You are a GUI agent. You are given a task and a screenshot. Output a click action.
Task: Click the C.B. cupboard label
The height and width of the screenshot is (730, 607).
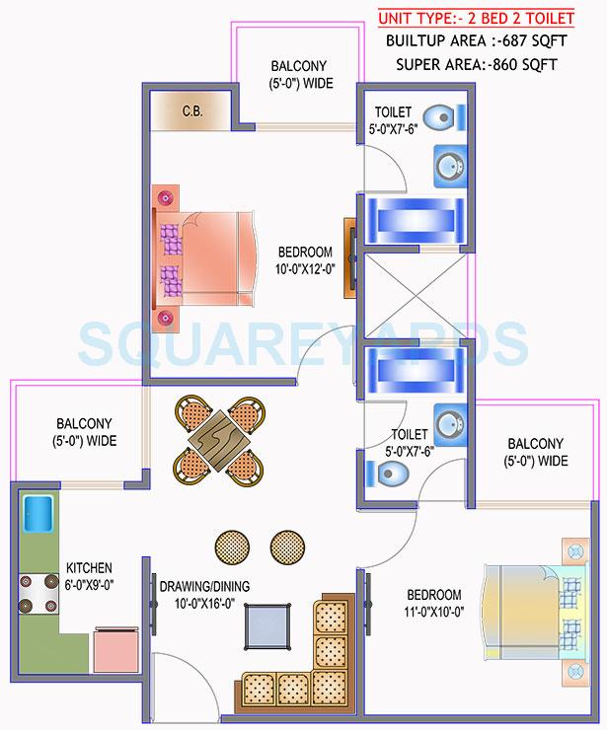pyautogui.click(x=191, y=110)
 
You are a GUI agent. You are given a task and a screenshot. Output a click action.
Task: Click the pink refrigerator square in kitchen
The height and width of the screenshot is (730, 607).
pyautogui.click(x=116, y=648)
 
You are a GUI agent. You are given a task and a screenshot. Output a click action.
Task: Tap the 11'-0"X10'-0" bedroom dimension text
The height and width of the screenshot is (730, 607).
pyautogui.click(x=434, y=603)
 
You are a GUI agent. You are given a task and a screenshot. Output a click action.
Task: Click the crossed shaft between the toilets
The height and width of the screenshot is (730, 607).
pyautogui.click(x=418, y=295)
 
